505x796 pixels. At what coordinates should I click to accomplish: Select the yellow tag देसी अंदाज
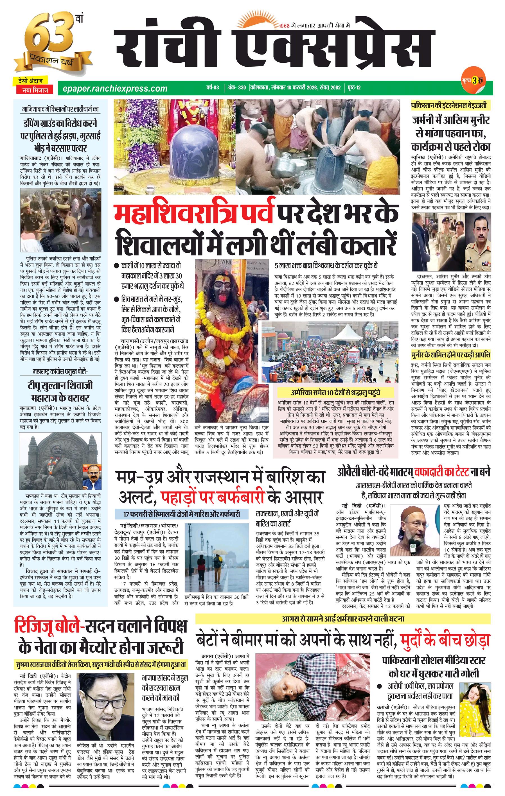30,80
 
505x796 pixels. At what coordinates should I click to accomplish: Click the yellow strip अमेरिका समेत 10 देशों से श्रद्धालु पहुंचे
335,392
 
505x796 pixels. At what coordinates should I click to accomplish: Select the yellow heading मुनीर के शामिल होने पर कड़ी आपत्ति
451,355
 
